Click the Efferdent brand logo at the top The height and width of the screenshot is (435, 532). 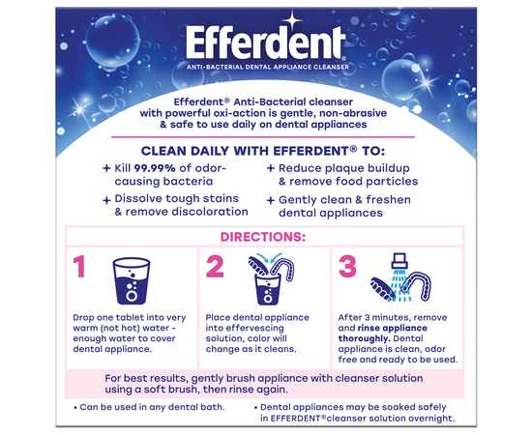[266, 43]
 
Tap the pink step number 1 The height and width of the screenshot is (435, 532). [79, 266]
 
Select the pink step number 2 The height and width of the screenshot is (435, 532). [215, 267]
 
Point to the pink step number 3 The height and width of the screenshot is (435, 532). [348, 267]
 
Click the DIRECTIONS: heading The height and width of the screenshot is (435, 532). [263, 237]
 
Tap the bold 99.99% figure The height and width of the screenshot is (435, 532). [155, 168]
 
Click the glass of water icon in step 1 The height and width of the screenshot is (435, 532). [132, 280]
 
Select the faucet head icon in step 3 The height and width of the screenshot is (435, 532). [399, 261]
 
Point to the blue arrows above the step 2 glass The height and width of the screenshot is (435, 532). [269, 257]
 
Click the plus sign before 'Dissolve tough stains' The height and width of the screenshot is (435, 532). [106, 200]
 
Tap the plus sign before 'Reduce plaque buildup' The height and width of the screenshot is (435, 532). [271, 168]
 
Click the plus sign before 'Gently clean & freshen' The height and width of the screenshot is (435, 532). [271, 200]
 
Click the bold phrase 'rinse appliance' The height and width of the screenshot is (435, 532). [392, 328]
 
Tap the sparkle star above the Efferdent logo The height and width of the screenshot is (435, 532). [292, 20]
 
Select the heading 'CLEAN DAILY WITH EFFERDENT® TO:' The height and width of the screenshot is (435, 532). [263, 151]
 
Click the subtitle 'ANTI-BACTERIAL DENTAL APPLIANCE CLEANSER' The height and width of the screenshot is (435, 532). [268, 67]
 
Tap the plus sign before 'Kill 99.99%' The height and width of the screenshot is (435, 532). [106, 168]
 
